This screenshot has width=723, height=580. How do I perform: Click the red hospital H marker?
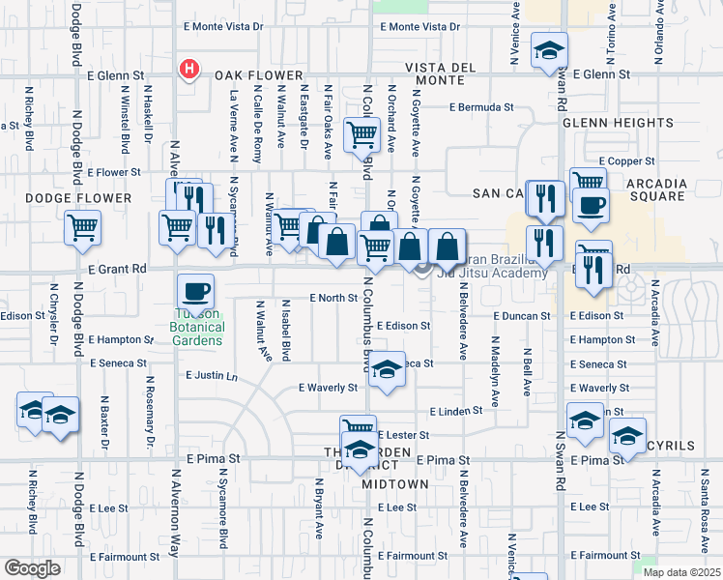[189, 70]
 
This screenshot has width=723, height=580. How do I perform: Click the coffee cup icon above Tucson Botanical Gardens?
[195, 291]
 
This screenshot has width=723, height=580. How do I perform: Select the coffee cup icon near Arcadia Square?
[591, 204]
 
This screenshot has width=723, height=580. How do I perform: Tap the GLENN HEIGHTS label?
[618, 124]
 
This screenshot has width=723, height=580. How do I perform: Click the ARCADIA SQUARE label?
[656, 191]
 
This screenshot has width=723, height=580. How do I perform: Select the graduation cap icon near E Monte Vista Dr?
[549, 50]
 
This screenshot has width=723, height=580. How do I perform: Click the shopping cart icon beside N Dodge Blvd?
[83, 228]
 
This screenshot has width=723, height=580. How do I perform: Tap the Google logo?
[32, 568]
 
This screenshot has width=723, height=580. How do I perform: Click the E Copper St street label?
[627, 159]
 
